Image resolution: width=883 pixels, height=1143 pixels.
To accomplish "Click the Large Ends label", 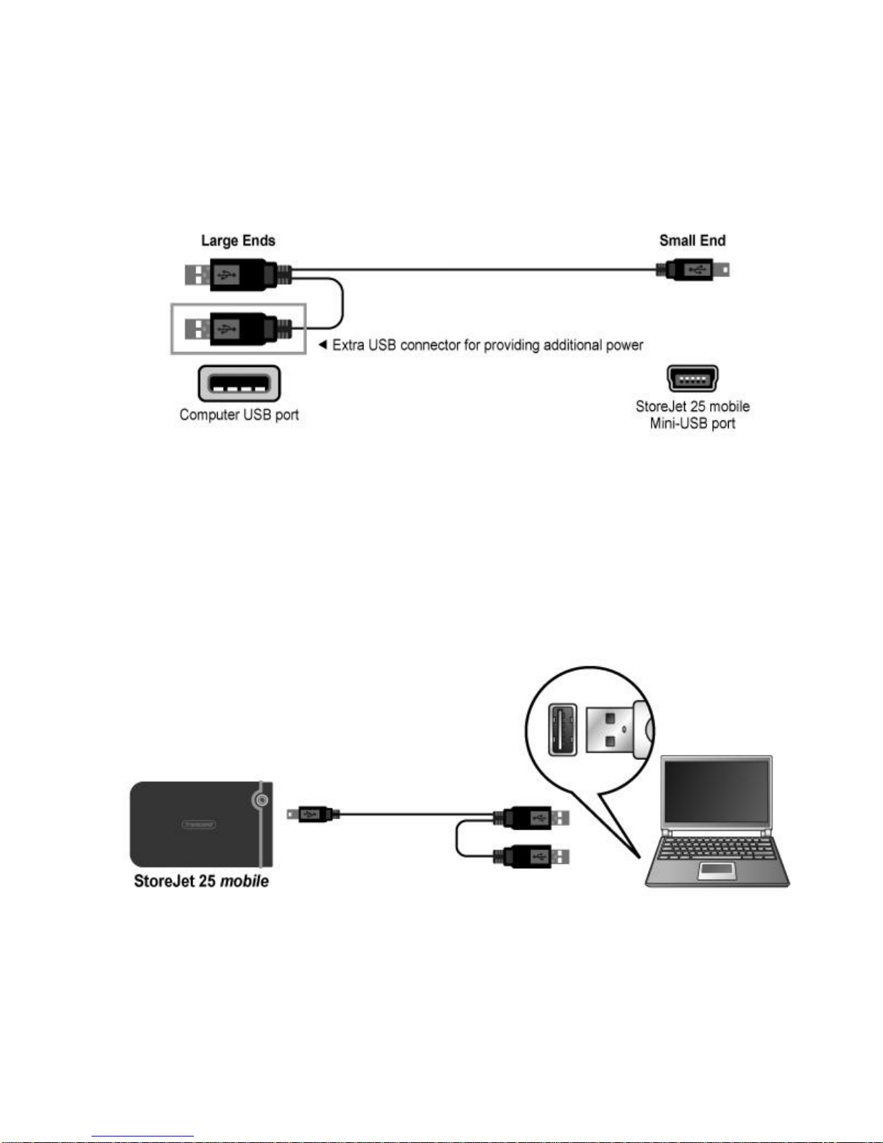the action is click(x=238, y=241).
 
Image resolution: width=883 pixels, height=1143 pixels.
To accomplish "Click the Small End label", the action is click(x=692, y=240).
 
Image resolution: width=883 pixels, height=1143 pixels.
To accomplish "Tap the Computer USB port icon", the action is click(x=239, y=384).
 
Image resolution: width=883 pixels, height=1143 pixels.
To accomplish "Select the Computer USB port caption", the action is click(x=239, y=415).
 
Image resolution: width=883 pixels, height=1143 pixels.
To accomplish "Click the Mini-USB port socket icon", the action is click(x=692, y=378).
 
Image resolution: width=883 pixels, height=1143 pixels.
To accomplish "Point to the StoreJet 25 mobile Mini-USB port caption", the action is click(x=692, y=415).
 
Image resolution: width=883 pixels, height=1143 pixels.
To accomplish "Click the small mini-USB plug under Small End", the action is click(x=693, y=270).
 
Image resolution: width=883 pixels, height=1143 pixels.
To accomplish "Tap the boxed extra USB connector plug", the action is click(x=238, y=329).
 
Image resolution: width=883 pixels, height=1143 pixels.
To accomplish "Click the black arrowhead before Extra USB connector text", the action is click(x=323, y=345).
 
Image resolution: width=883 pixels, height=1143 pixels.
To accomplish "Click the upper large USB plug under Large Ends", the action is click(x=238, y=274).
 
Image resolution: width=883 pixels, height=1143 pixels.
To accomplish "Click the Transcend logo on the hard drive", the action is click(x=199, y=824).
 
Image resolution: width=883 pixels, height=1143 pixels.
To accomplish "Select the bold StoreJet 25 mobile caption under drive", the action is click(x=201, y=881).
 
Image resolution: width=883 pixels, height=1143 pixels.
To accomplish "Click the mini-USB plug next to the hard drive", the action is click(x=314, y=815).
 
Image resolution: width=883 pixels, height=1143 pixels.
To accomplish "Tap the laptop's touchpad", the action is click(x=717, y=870).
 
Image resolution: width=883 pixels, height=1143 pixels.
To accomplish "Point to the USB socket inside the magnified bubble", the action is click(x=562, y=730).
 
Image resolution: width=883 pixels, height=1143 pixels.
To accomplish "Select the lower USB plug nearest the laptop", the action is click(x=531, y=856).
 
